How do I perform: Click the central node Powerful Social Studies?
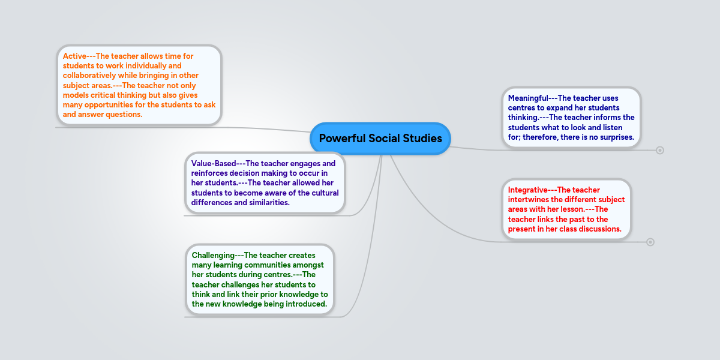pos(380,139)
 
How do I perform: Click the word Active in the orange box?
pos(75,56)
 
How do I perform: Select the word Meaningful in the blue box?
pos(528,98)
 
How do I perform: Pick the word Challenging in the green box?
pos(213,255)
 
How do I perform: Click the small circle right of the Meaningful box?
pos(660,150)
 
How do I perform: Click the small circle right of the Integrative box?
pos(650,242)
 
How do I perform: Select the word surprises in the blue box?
pos(614,137)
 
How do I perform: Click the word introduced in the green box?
pos(305,304)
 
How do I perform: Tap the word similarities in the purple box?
pos(266,202)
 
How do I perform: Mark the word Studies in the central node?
pos(419,139)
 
